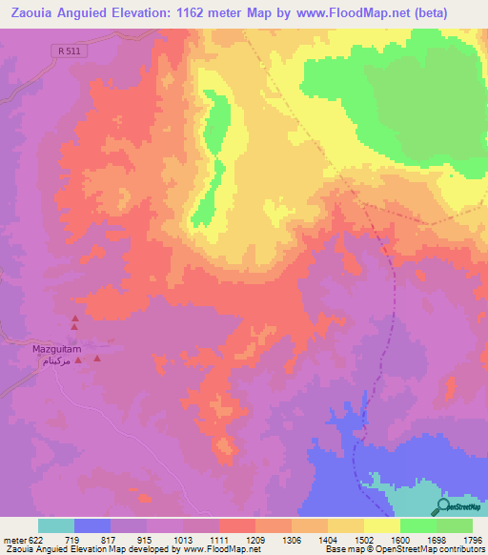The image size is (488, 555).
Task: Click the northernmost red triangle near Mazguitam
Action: [x=74, y=319]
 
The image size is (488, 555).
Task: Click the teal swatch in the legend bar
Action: [x=56, y=525]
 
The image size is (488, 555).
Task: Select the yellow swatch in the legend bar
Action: [x=382, y=525]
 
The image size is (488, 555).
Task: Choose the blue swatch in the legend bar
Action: [x=92, y=525]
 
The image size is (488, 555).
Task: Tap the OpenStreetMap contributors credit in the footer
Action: [x=422, y=549]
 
